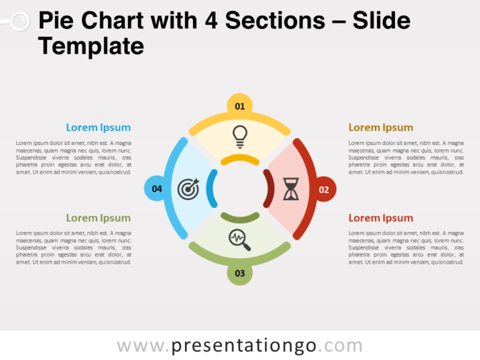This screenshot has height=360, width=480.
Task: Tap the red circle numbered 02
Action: [323, 189]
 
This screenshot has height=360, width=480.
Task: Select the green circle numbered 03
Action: [239, 272]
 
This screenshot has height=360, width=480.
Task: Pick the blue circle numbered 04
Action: [157, 188]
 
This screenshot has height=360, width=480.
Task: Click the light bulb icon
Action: [239, 136]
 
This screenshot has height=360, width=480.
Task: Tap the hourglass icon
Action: [291, 189]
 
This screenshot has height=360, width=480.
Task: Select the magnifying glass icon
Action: [240, 240]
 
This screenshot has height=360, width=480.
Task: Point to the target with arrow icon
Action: [188, 189]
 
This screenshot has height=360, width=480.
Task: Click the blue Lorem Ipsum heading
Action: [98, 127]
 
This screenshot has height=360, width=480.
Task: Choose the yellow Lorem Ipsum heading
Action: [381, 127]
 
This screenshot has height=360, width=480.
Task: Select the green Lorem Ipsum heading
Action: [98, 218]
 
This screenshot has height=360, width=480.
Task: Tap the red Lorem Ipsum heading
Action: [381, 218]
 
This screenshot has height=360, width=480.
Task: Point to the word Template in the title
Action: [91, 46]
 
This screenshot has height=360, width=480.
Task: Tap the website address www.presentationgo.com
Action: [239, 346]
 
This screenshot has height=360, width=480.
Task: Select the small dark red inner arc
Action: [268, 189]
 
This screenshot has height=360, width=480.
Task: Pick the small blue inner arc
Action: [211, 189]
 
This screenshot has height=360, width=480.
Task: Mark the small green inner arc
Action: [240, 218]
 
